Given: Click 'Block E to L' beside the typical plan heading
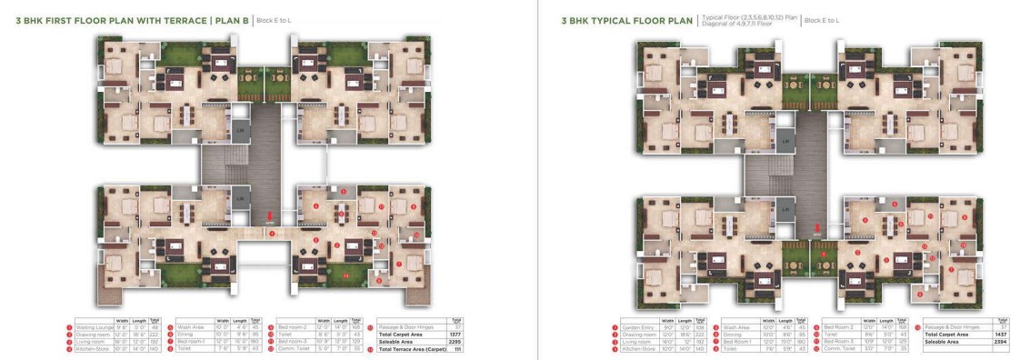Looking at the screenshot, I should coord(828,19).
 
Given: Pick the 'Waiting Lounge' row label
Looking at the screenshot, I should coord(95,326).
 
